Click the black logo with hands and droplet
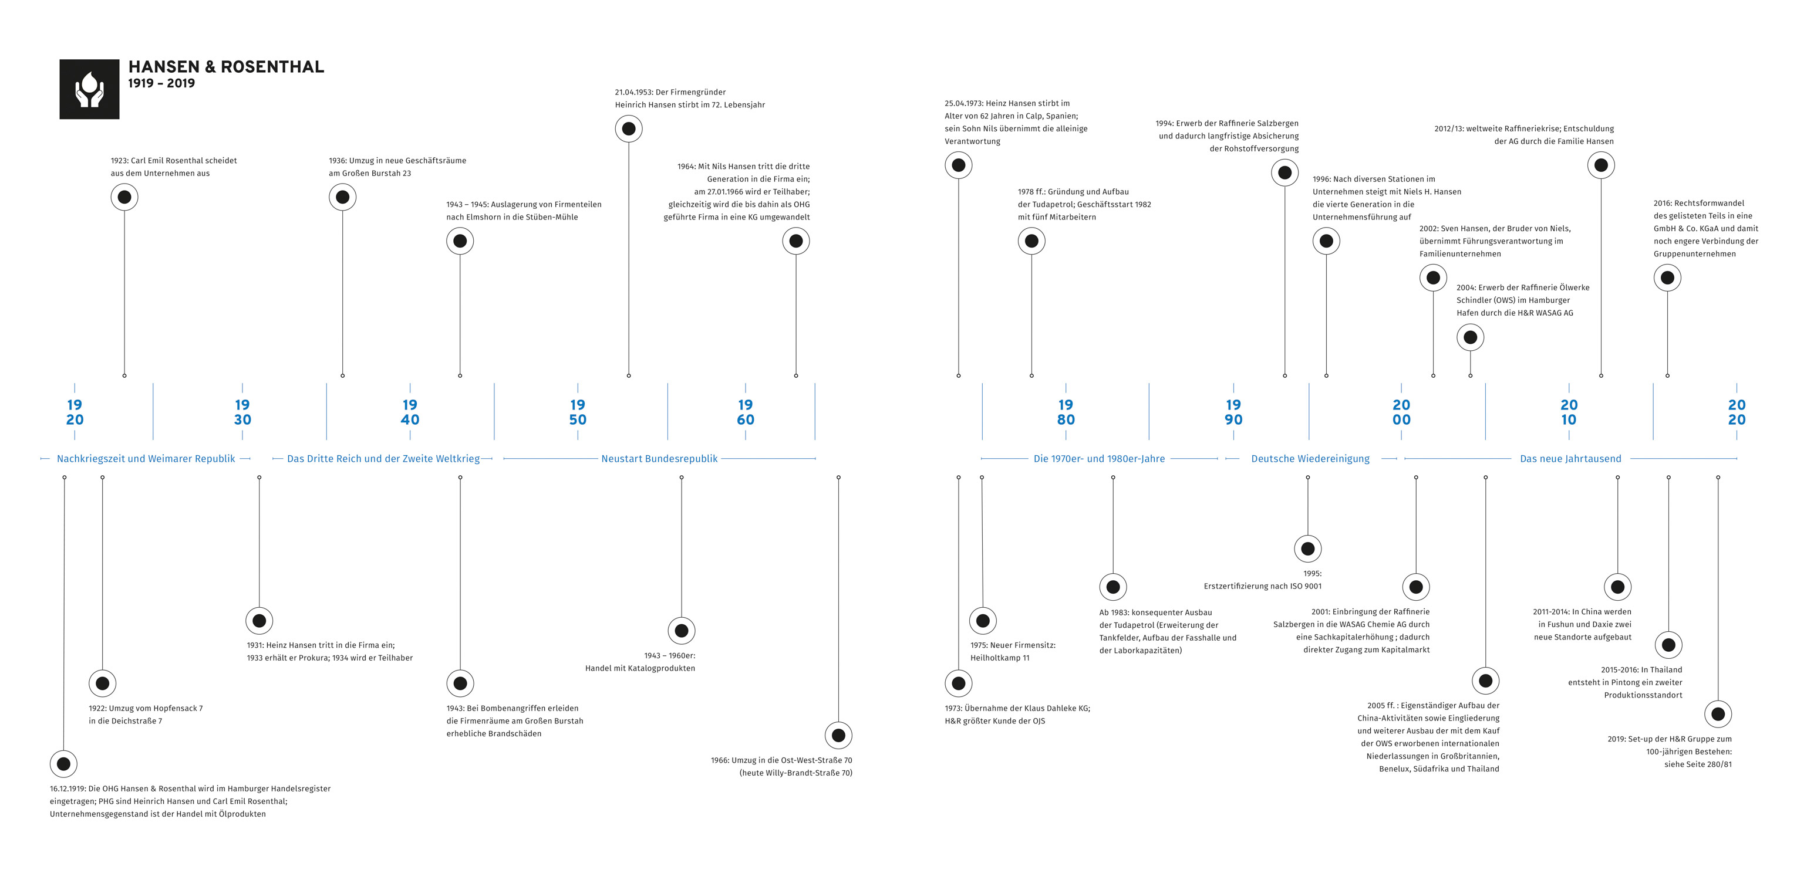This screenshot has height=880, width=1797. [89, 89]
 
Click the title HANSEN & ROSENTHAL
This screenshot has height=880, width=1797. [226, 67]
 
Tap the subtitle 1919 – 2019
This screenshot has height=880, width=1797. [161, 83]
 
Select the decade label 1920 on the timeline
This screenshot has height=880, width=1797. [75, 412]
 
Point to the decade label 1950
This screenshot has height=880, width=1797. [578, 412]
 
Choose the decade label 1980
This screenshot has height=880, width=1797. [1066, 412]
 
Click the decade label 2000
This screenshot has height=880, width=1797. [1401, 412]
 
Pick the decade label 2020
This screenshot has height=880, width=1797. [1737, 412]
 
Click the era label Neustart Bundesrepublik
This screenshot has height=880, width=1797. [659, 459]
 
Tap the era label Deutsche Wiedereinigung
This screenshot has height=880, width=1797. [1310, 459]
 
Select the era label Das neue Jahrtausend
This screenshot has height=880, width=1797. [1570, 459]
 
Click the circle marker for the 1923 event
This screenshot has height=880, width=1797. [124, 197]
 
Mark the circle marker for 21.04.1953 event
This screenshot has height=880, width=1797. [629, 129]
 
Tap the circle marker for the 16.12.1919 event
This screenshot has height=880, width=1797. [63, 764]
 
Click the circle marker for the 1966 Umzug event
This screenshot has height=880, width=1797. [838, 735]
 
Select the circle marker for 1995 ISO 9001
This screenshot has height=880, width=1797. [1308, 549]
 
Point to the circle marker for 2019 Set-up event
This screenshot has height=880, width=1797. [1718, 714]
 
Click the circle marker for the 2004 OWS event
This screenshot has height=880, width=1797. [1471, 337]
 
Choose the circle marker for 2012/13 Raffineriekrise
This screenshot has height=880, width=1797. [1601, 165]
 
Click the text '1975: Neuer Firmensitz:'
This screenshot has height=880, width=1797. [1013, 645]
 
